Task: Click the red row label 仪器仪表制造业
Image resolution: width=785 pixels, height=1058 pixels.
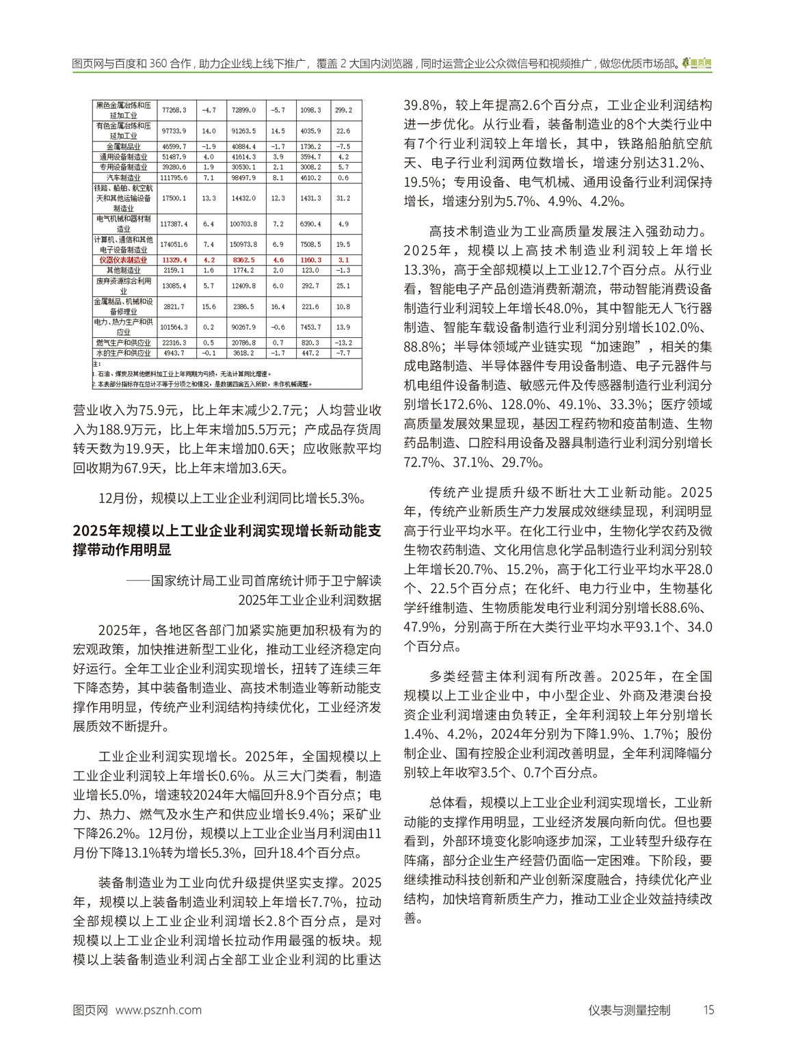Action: (123, 260)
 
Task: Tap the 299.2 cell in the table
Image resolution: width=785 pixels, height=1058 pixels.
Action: (343, 110)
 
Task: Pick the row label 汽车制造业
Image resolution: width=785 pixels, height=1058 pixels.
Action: (123, 178)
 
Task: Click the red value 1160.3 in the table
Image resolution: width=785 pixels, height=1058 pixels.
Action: (310, 260)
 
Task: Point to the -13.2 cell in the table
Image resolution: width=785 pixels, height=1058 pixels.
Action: (343, 342)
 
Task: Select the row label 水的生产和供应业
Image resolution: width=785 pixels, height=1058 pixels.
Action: (123, 353)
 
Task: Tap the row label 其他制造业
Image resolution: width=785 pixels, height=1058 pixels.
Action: (123, 271)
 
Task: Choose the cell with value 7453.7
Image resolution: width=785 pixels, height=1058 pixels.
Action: (310, 327)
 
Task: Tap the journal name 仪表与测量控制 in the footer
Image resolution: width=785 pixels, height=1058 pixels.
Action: (629, 1010)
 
